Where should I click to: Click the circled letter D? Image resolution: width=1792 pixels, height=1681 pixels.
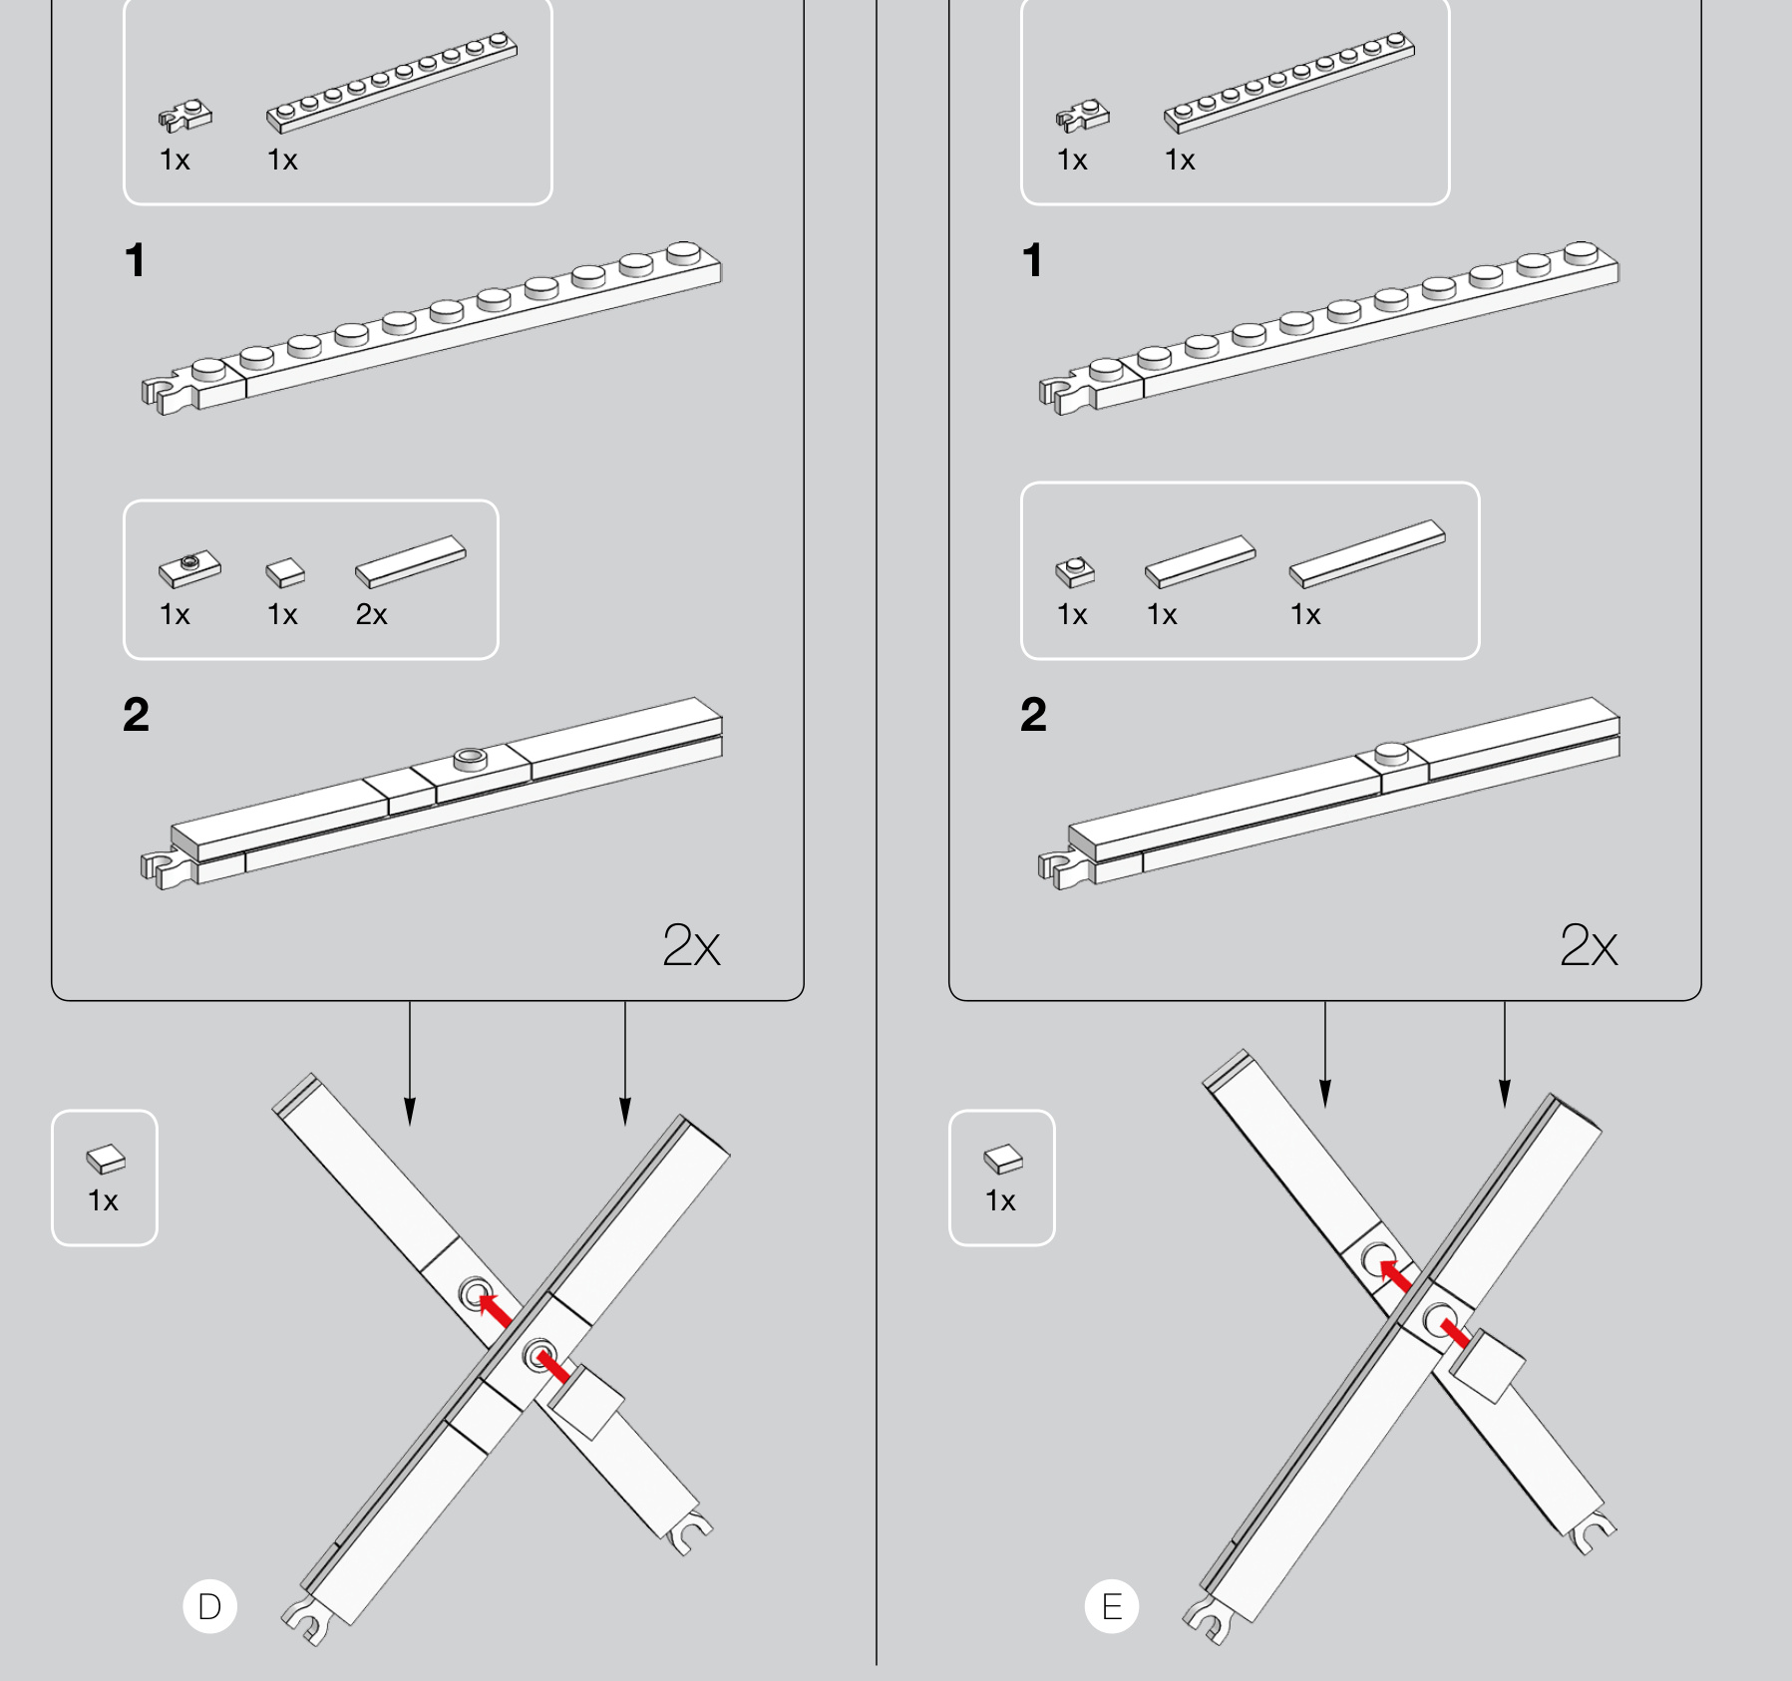click(x=209, y=1606)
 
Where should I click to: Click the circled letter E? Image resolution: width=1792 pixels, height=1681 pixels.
click(x=1111, y=1606)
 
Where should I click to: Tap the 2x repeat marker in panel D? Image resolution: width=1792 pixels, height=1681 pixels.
click(x=691, y=945)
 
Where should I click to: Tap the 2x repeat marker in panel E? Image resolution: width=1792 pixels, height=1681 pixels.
click(x=1589, y=945)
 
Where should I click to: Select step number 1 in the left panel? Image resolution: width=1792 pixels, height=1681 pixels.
click(x=136, y=260)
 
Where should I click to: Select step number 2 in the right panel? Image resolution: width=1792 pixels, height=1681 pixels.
click(x=1033, y=715)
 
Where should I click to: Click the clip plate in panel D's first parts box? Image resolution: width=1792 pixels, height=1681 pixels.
click(x=184, y=116)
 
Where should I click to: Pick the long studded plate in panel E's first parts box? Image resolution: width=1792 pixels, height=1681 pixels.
click(x=1288, y=83)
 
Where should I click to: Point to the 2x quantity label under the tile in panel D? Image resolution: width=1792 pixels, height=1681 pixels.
click(x=371, y=614)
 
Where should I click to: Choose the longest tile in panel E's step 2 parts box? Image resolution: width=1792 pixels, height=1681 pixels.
click(x=1367, y=554)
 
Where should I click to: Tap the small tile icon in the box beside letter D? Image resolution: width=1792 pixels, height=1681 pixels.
click(x=106, y=1159)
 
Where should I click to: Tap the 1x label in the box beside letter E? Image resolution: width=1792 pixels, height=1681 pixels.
click(x=1000, y=1200)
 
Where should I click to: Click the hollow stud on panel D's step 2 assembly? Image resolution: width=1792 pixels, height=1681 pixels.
click(x=471, y=759)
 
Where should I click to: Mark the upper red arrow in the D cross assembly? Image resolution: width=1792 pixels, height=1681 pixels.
click(x=495, y=1309)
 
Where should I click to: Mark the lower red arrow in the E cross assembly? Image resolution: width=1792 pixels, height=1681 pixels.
click(x=1455, y=1333)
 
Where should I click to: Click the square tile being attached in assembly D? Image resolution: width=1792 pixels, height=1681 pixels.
click(x=586, y=1402)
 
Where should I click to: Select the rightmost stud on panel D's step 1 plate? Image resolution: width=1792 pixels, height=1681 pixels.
click(x=683, y=253)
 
